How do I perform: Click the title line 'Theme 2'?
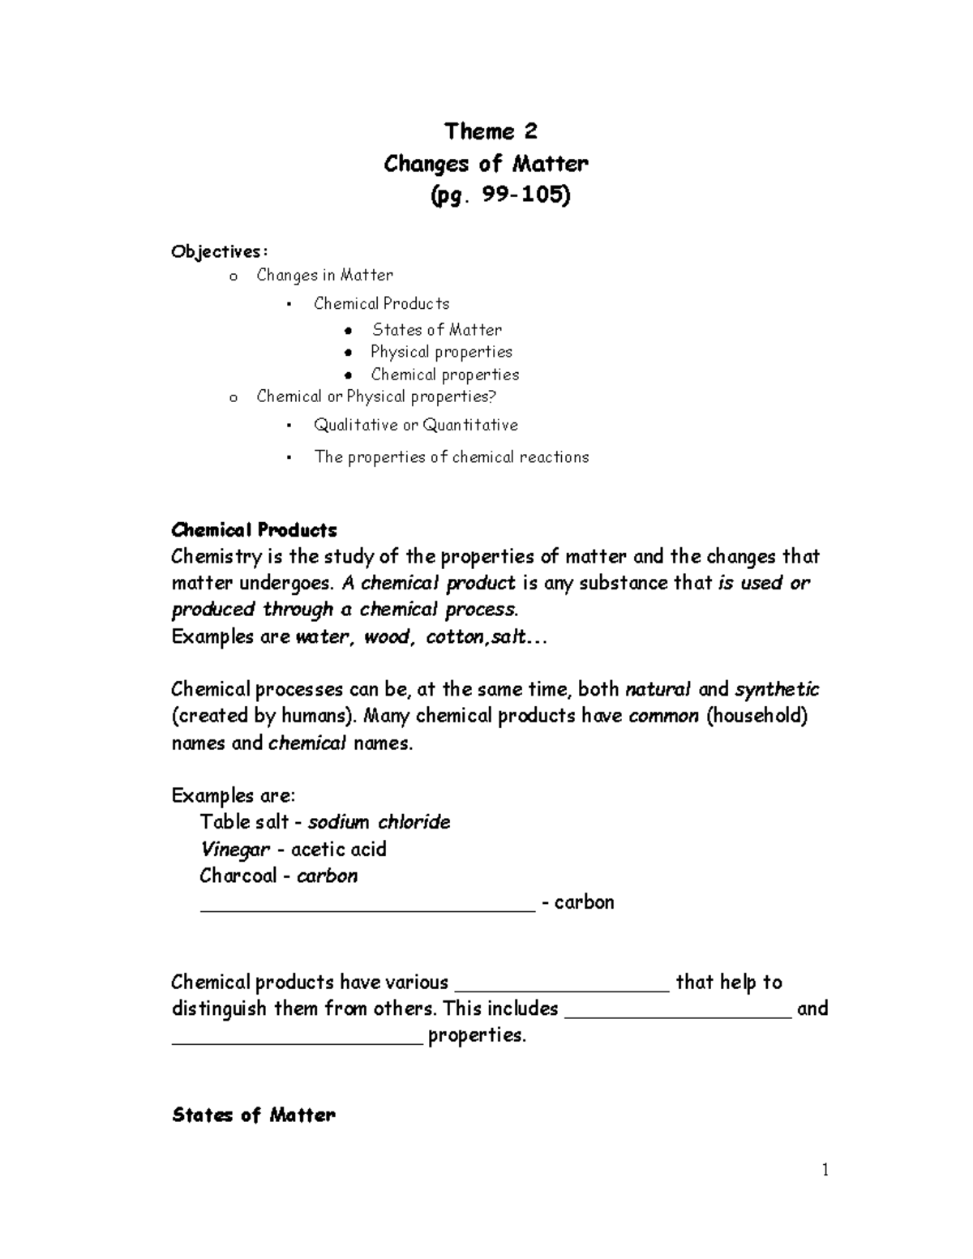point(490,131)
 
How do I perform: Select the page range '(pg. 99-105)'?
point(499,195)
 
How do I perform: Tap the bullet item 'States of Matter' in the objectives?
point(436,330)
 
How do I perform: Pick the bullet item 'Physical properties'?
point(441,352)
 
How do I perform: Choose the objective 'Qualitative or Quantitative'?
point(415,425)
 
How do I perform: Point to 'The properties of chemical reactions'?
point(451,457)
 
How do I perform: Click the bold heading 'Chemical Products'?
point(254,530)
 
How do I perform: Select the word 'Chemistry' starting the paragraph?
point(216,557)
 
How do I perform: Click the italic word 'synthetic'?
point(776,690)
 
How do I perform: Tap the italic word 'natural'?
point(658,690)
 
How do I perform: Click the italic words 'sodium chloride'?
point(379,822)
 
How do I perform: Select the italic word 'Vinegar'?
point(235,850)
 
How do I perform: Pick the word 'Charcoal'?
point(238,876)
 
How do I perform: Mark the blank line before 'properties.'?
point(297,1039)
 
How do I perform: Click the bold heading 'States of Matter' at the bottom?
point(253,1116)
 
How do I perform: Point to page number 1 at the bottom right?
point(825,1170)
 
